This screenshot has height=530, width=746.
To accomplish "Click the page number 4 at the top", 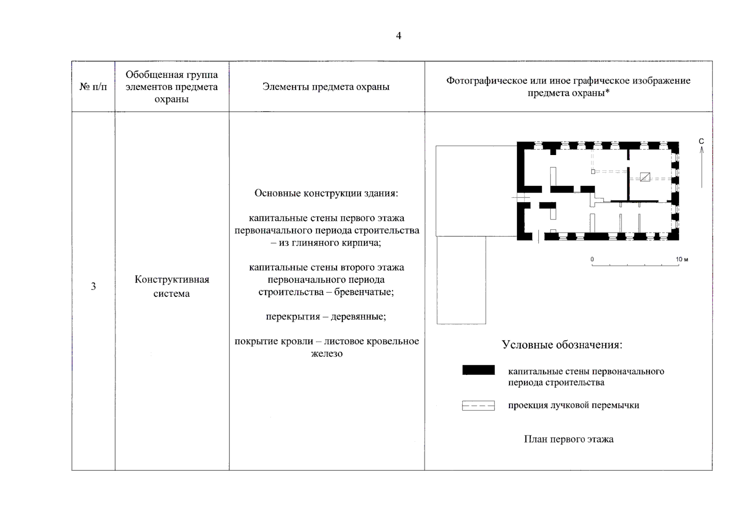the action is click(x=398, y=36).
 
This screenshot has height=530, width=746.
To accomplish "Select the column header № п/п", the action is click(x=93, y=87).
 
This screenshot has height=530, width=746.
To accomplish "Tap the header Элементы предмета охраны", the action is click(x=326, y=87).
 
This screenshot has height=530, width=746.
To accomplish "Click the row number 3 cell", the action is click(x=93, y=287).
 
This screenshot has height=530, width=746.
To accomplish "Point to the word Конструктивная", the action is click(x=172, y=280).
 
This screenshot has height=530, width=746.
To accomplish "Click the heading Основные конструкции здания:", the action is click(x=326, y=193).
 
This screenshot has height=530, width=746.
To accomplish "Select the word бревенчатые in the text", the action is click(x=364, y=292).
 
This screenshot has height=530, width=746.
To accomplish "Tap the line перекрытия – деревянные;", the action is click(x=326, y=317).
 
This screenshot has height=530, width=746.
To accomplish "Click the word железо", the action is click(x=326, y=353).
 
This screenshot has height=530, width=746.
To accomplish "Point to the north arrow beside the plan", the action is click(x=701, y=168).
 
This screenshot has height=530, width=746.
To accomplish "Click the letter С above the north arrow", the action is click(x=701, y=141).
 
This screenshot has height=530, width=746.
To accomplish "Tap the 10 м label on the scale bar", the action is click(x=682, y=259).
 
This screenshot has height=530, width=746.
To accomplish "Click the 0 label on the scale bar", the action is click(x=592, y=259).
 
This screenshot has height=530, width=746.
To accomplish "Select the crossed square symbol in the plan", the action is click(x=645, y=177).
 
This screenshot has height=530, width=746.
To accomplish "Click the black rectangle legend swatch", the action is click(x=478, y=370).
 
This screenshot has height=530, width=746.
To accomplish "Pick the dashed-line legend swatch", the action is click(x=478, y=405).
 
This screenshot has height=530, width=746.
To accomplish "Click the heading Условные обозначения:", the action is click(x=562, y=345).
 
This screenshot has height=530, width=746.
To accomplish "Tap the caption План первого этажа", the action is click(x=569, y=439).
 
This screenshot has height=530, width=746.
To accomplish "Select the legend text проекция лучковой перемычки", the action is click(x=574, y=405).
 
